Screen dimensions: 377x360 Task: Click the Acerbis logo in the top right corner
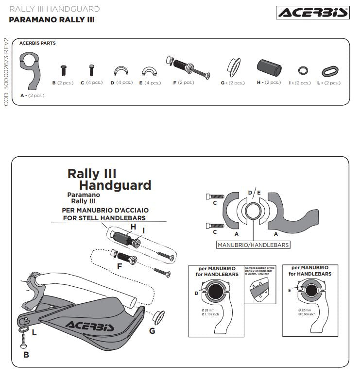[x=312, y=13]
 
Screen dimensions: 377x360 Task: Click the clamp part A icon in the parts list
[x=30, y=72]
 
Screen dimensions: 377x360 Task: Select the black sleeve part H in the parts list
[x=269, y=68]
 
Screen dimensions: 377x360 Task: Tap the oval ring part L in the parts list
[x=331, y=72]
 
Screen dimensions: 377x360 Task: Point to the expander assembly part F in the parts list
[x=187, y=67]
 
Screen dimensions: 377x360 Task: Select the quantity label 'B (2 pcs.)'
[x=63, y=83]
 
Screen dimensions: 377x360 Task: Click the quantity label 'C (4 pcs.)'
[x=91, y=82]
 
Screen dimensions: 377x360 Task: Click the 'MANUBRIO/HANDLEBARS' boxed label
[x=253, y=245]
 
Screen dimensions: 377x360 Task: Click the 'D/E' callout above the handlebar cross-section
[x=254, y=193]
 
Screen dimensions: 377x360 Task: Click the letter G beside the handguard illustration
[x=152, y=331]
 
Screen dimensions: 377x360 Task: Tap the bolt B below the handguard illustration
[x=23, y=341]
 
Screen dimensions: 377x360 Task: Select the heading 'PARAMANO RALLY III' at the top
[x=51, y=20]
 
